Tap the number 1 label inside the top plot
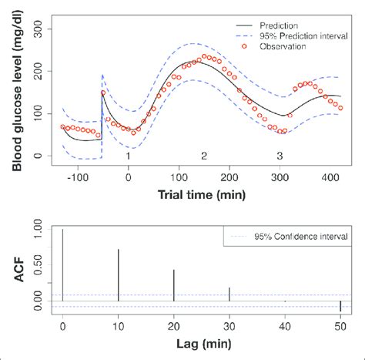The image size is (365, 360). coord(128,156)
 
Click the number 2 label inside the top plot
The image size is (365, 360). coord(203,156)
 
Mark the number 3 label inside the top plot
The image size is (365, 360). coord(279,156)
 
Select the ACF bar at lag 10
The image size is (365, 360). coord(118,274)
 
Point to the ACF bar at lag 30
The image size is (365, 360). coord(229,294)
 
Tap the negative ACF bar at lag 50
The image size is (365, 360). coord(340,306)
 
